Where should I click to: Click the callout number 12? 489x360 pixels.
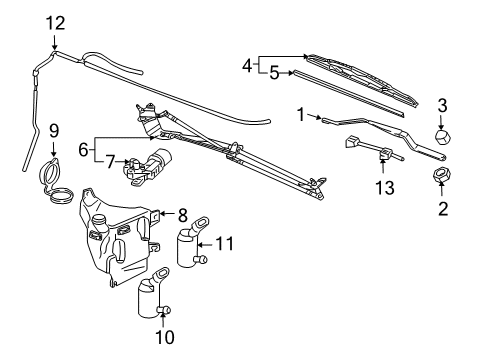pyautogui.click(x=54, y=22)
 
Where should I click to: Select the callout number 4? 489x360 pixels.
pyautogui.click(x=247, y=65)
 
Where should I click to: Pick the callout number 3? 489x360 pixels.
pyautogui.click(x=443, y=104)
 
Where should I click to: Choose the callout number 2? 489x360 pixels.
pyautogui.click(x=443, y=208)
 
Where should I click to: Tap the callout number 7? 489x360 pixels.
pyautogui.click(x=111, y=159)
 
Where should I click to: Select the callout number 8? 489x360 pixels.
pyautogui.click(x=182, y=213)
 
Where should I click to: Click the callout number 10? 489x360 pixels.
pyautogui.click(x=157, y=337)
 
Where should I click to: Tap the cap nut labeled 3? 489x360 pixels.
pyautogui.click(x=440, y=135)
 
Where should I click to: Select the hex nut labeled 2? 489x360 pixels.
pyautogui.click(x=439, y=177)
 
